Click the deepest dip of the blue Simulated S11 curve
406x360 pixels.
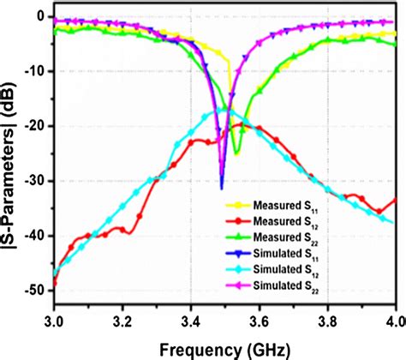coord(221,186)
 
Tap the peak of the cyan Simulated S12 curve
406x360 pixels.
coord(225,109)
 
